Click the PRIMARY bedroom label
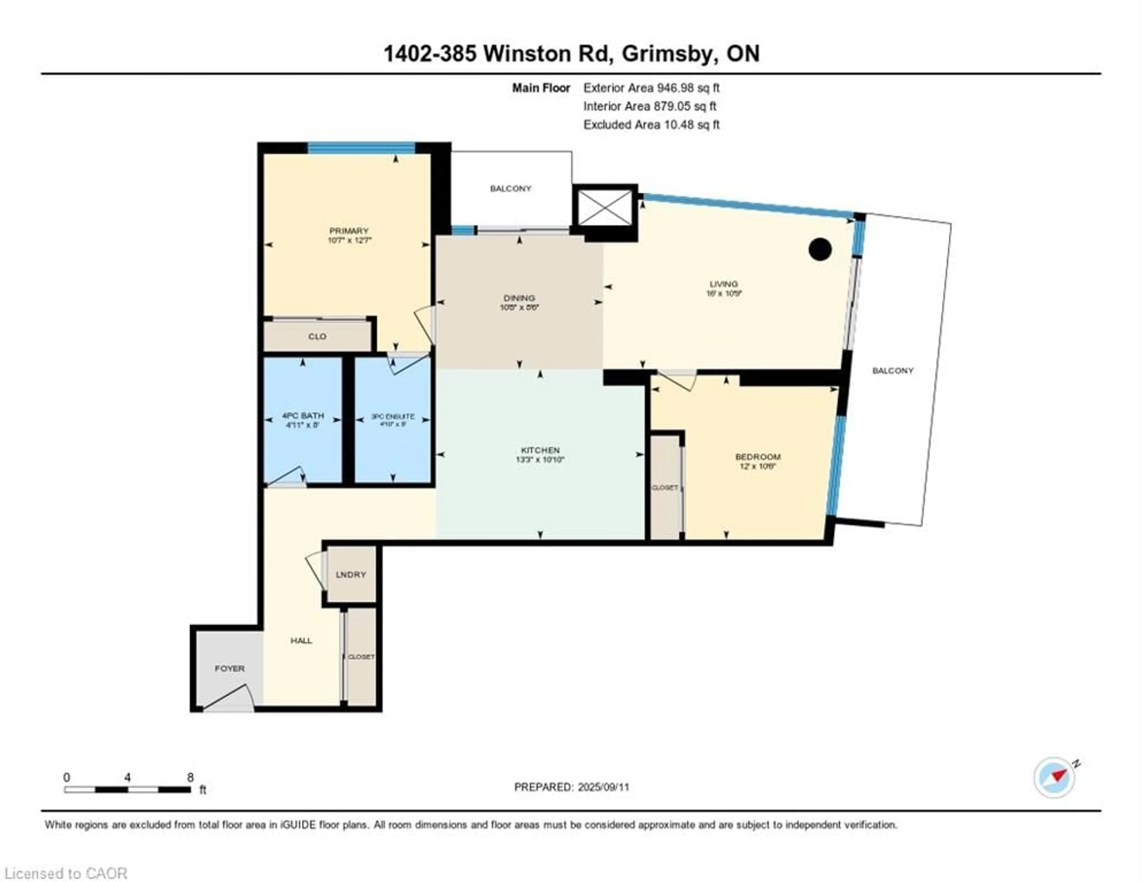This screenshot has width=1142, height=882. tap(349, 231)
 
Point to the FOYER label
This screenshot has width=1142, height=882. tap(230, 668)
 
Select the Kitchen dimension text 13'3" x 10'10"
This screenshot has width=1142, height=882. tap(540, 460)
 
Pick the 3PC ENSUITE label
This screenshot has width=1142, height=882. tap(393, 417)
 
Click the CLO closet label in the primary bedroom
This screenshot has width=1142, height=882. tap(317, 336)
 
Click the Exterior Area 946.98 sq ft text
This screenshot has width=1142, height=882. tap(651, 88)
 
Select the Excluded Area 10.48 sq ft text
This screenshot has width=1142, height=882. tap(651, 125)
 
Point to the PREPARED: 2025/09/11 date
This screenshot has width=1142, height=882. tap(572, 787)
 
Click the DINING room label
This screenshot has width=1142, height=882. tap(519, 298)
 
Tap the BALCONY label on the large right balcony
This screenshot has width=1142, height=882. tap(892, 371)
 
